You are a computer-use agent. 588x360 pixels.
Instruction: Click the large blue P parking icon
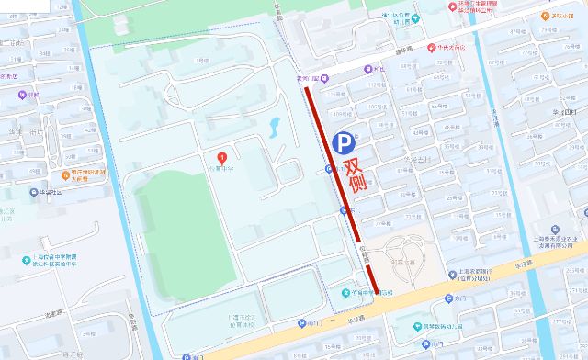344,142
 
